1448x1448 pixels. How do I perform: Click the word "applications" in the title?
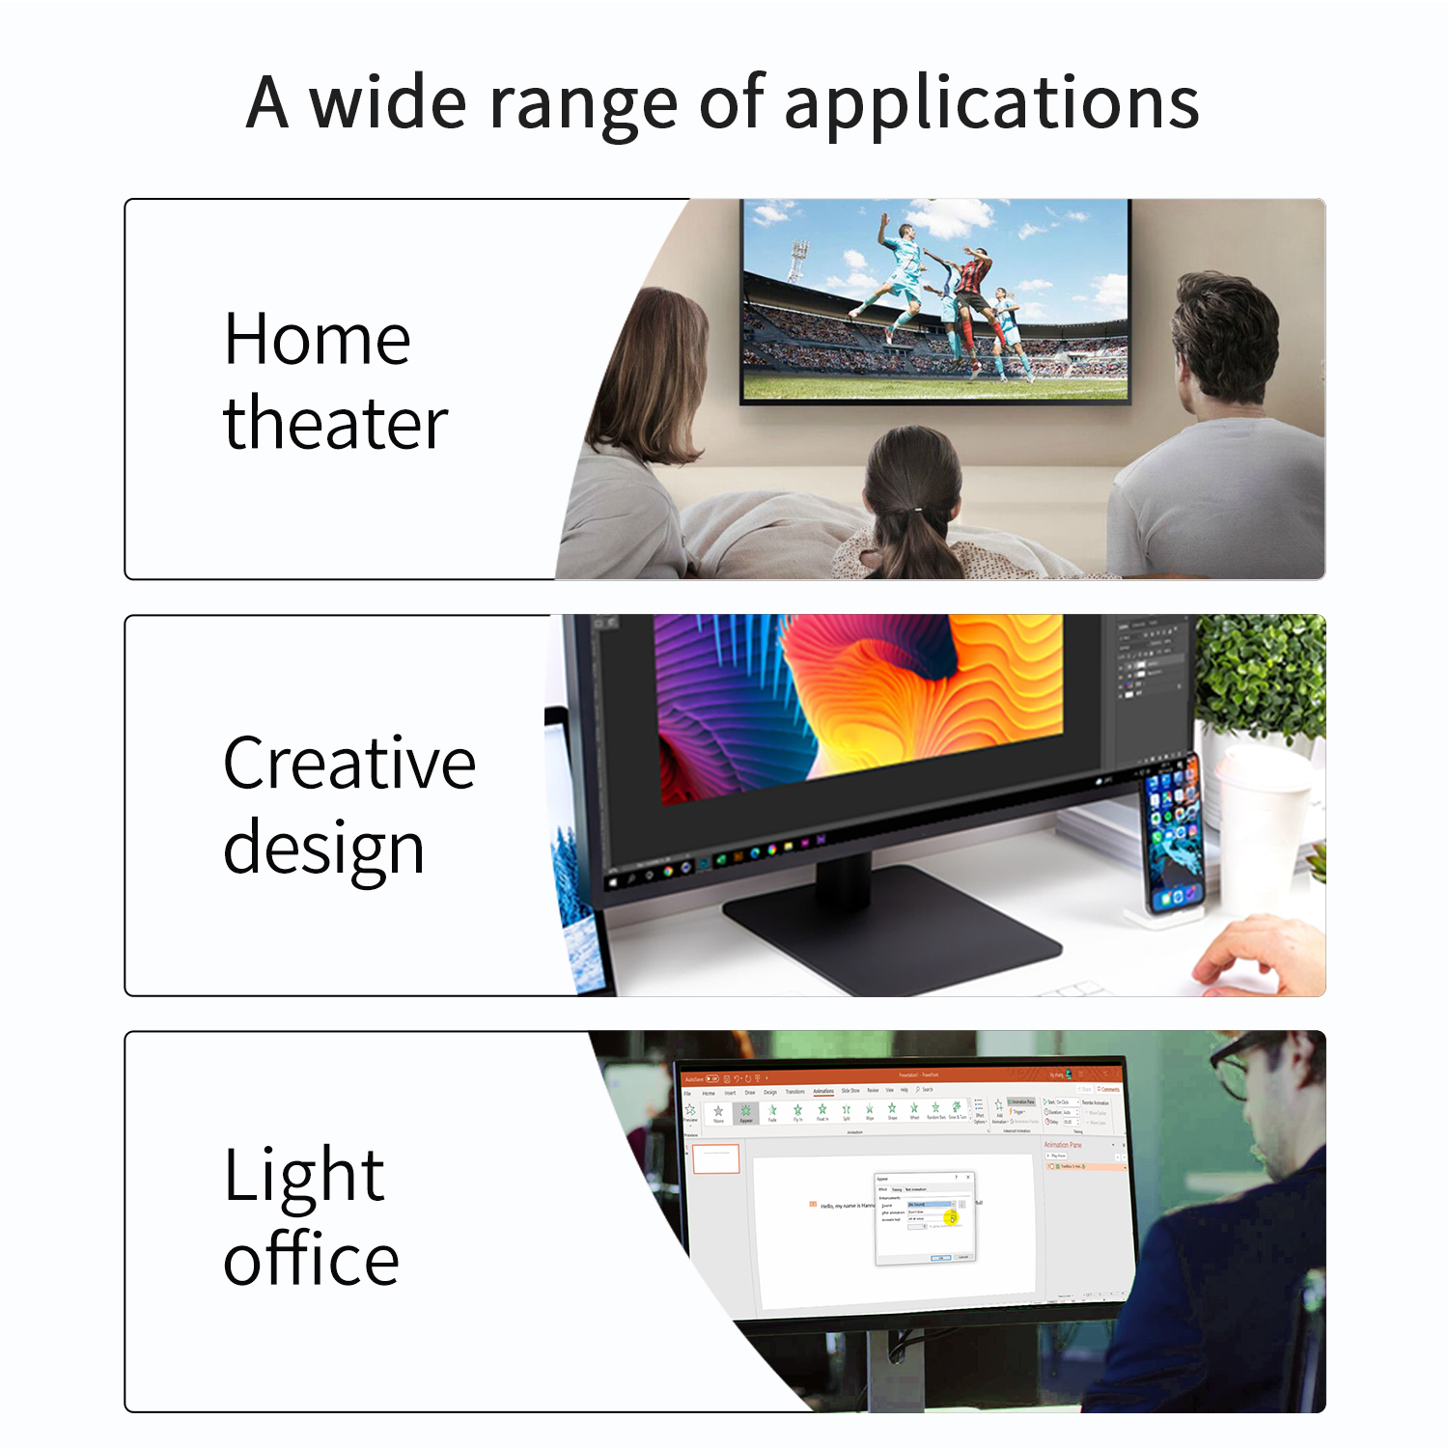tap(991, 103)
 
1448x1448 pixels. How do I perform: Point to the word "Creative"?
tap(348, 763)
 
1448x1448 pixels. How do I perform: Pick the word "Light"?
tap(304, 1175)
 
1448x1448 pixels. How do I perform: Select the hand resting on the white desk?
tap(1255, 956)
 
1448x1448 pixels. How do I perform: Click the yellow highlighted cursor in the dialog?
tap(951, 1217)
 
